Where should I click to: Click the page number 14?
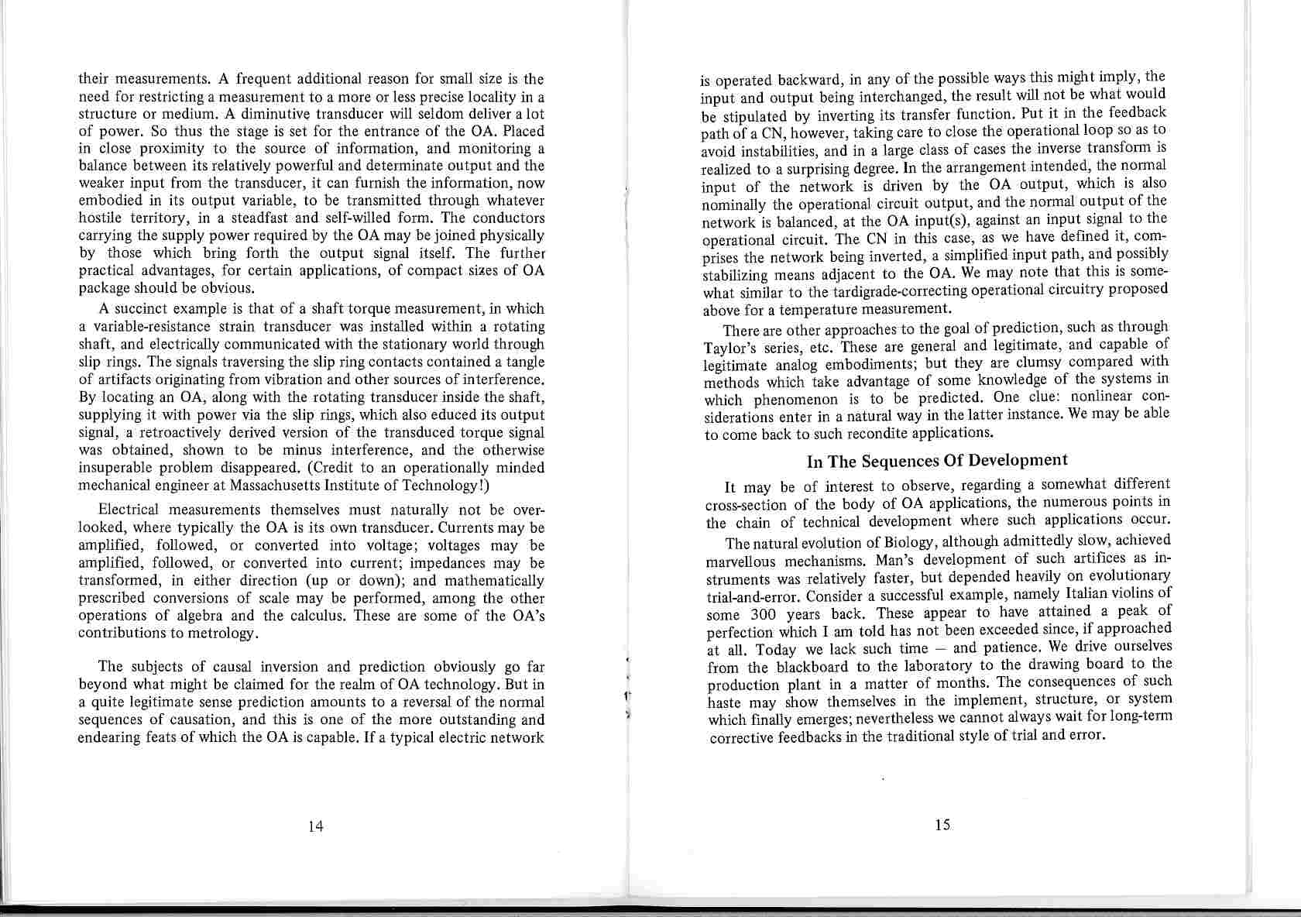(x=315, y=826)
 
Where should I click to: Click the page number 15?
(x=942, y=825)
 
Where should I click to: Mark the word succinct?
(x=145, y=308)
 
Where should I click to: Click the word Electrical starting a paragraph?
(x=129, y=510)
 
